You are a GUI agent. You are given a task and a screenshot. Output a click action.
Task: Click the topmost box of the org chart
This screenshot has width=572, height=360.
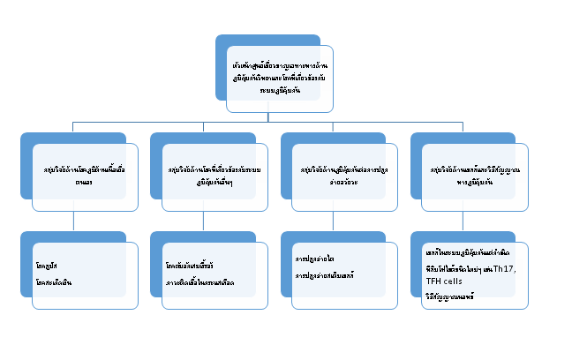(x=279, y=79)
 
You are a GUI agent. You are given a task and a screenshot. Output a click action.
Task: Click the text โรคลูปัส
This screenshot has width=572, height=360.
(x=49, y=264)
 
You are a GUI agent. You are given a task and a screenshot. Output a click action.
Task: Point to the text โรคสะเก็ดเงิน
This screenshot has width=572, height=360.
(x=55, y=280)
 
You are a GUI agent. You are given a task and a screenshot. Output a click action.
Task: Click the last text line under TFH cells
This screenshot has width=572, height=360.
(x=450, y=296)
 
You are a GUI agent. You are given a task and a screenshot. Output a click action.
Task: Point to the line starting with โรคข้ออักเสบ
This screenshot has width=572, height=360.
(x=190, y=264)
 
